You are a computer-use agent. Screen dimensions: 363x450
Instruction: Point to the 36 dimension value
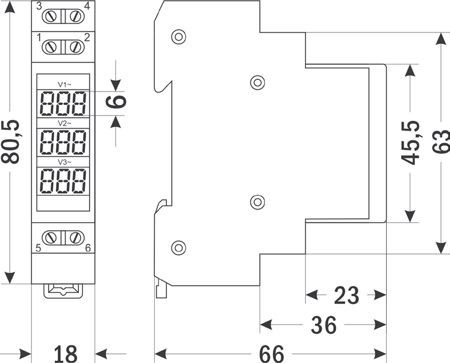[323, 326]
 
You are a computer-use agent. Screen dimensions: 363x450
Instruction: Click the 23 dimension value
[346, 296]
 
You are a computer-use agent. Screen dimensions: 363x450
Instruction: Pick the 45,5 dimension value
[411, 143]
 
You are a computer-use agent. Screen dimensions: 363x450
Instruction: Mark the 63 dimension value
[442, 143]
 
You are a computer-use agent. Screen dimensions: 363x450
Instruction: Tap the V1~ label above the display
[64, 84]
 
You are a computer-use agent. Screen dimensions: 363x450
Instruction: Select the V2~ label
[64, 123]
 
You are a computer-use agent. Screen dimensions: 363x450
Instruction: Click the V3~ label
[64, 162]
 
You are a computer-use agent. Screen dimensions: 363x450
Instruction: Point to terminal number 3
[39, 7]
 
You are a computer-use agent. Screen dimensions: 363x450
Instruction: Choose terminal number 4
[87, 7]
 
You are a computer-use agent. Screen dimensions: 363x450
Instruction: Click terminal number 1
[39, 37]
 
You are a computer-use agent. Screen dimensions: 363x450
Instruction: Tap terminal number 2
[87, 37]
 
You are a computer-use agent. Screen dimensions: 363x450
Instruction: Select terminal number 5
[39, 247]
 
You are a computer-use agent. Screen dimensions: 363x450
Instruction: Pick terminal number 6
[88, 247]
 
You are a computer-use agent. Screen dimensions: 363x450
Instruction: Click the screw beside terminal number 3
[51, 16]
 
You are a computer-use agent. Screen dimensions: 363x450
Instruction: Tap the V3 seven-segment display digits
[63, 181]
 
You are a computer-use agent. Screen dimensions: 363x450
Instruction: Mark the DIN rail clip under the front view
[63, 290]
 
